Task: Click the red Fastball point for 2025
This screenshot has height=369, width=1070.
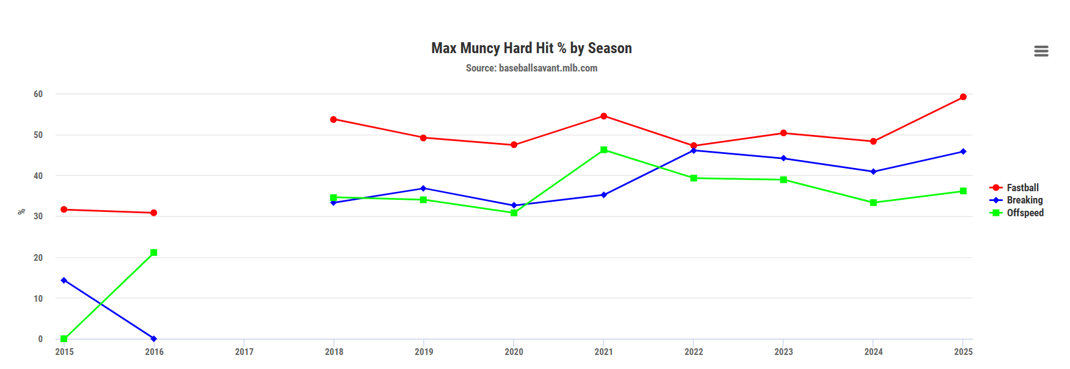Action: pyautogui.click(x=963, y=97)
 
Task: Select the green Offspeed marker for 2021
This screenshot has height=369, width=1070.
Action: pyautogui.click(x=604, y=150)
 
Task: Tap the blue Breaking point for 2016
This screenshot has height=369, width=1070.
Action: pyautogui.click(x=154, y=338)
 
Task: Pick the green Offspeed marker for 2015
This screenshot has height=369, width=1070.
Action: pyautogui.click(x=64, y=338)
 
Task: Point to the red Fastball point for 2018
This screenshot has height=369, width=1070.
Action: pyautogui.click(x=333, y=119)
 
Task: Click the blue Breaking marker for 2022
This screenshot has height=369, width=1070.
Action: pyautogui.click(x=694, y=150)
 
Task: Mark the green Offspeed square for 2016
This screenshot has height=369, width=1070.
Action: pyautogui.click(x=154, y=252)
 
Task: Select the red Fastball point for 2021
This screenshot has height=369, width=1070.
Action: pyautogui.click(x=604, y=116)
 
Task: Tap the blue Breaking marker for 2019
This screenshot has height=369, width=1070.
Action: pyautogui.click(x=424, y=188)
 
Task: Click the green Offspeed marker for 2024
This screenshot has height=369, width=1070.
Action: pyautogui.click(x=873, y=203)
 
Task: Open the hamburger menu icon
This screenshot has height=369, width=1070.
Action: pyautogui.click(x=1041, y=51)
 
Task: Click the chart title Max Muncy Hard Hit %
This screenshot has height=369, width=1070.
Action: pyautogui.click(x=531, y=48)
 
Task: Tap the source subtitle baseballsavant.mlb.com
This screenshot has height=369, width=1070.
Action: pyautogui.click(x=531, y=68)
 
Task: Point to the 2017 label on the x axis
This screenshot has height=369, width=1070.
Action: pyautogui.click(x=244, y=352)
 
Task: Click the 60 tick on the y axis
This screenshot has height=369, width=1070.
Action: pyautogui.click(x=38, y=94)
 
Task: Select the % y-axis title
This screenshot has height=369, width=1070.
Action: pyautogui.click(x=22, y=212)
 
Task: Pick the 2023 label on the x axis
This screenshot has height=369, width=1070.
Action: pyautogui.click(x=784, y=352)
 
